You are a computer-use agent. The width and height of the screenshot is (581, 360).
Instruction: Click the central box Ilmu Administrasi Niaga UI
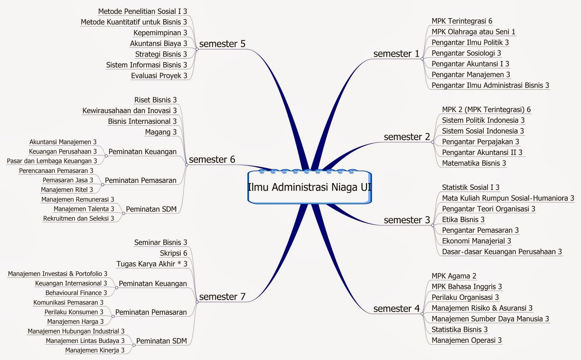click(309, 187)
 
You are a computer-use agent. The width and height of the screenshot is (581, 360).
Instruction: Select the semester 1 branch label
click(396, 54)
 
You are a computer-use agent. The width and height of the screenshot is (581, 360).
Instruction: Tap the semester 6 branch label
click(212, 159)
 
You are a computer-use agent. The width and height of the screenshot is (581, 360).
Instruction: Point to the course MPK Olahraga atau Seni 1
click(473, 32)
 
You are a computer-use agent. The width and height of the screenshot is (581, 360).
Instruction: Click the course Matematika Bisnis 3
click(474, 163)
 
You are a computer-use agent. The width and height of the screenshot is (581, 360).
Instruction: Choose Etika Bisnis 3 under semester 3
click(463, 220)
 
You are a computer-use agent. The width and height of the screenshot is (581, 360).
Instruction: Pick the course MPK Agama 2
click(454, 276)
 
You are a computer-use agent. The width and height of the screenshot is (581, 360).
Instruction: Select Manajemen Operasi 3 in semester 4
click(466, 340)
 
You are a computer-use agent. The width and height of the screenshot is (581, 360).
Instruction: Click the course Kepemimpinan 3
click(160, 33)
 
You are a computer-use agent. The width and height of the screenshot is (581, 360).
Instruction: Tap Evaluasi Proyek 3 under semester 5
click(159, 76)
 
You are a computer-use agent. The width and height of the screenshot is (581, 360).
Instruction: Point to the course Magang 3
click(161, 132)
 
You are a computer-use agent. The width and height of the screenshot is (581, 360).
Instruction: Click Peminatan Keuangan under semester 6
click(142, 152)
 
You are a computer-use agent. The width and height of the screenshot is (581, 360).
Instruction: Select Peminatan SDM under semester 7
click(161, 341)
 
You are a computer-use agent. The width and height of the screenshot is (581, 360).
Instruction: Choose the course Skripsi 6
click(174, 253)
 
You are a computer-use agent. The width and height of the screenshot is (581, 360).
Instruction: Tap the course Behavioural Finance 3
click(76, 293)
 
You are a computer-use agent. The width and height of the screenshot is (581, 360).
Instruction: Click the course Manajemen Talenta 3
click(84, 209)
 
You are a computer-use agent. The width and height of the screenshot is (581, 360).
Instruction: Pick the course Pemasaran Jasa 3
click(68, 180)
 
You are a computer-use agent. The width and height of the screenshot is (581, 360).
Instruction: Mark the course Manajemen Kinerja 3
click(94, 351)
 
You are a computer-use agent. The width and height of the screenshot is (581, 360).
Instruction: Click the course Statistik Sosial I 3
click(470, 187)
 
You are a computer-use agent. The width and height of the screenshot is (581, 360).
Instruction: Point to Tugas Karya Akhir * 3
click(152, 264)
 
